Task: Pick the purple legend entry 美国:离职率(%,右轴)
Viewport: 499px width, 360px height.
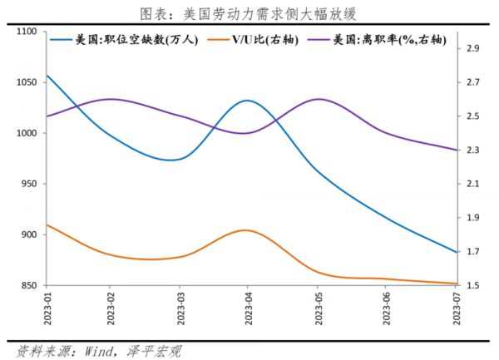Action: (x=386, y=40)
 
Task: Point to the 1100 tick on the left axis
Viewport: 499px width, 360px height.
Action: (x=27, y=32)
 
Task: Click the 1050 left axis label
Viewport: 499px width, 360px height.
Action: (x=27, y=82)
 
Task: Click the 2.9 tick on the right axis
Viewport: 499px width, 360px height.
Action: (x=472, y=49)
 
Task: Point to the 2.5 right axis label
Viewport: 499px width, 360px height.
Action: (x=472, y=116)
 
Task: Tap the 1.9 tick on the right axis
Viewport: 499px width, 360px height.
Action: (x=472, y=218)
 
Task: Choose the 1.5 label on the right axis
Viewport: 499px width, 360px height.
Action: (x=472, y=285)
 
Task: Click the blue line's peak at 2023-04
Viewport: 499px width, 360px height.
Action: (x=247, y=101)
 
